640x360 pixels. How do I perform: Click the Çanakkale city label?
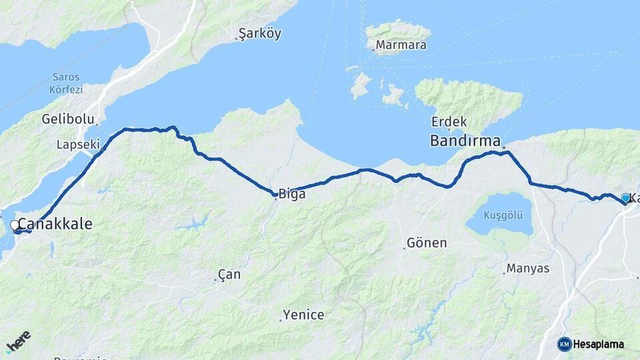tap(55, 224)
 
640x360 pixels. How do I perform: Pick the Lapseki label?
tap(78, 144)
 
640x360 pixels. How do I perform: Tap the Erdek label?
tap(449, 122)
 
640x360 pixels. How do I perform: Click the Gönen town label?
tap(427, 243)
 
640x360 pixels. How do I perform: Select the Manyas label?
tap(527, 269)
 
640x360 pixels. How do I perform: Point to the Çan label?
tap(229, 275)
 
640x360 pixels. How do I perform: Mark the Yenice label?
tap(303, 315)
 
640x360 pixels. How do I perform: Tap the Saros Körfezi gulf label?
tap(65, 83)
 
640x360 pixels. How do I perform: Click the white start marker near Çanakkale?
tap(15, 226)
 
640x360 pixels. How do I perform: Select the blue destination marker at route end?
tap(625, 198)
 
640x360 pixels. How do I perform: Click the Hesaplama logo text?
tap(599, 344)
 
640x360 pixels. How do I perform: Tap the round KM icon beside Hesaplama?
tap(565, 344)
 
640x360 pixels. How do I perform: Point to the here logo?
tap(19, 341)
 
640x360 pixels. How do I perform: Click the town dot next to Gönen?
tap(404, 248)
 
